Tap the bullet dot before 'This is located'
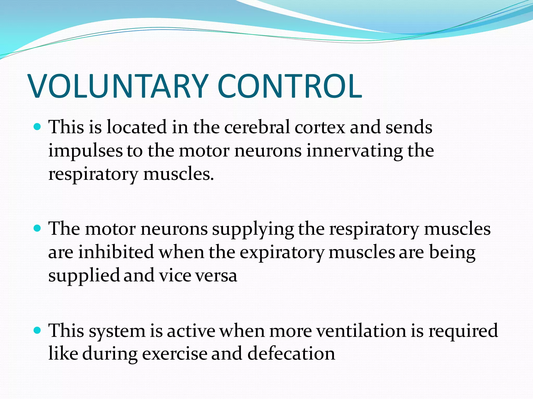click(38, 127)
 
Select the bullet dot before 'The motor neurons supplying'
click(38, 229)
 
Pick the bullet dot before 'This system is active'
click(38, 330)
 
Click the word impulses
click(85, 151)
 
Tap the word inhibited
click(116, 252)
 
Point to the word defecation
click(291, 354)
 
